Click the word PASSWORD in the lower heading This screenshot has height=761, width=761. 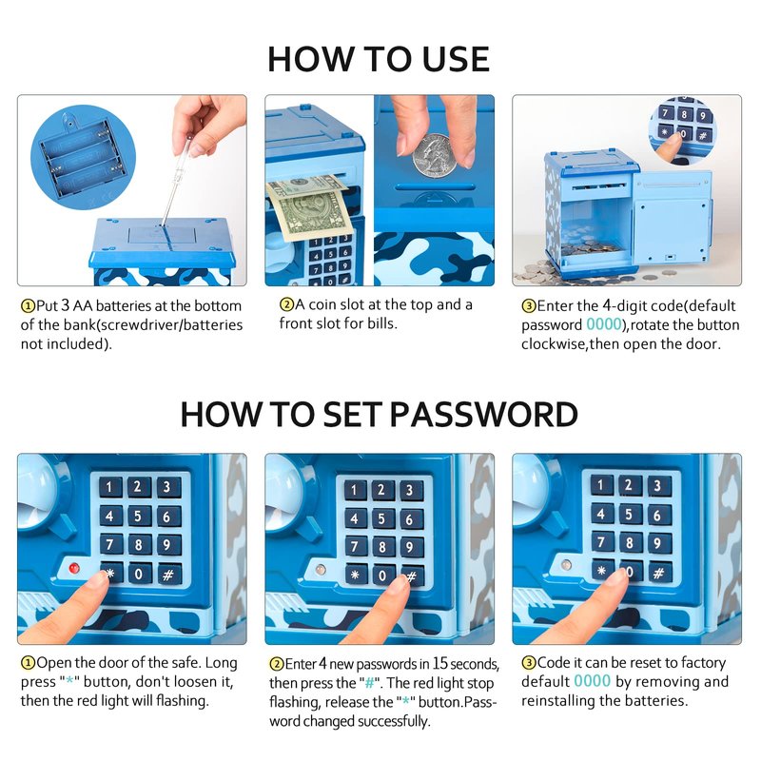[483, 415]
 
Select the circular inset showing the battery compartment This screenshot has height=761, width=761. [83, 158]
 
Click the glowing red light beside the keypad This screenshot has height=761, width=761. [74, 568]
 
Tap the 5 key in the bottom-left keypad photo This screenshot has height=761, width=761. [138, 516]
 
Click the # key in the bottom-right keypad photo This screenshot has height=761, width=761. [658, 573]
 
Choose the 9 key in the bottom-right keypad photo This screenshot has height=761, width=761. [657, 542]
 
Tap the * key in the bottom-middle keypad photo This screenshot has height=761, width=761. [356, 575]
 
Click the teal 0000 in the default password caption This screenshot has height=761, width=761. [604, 324]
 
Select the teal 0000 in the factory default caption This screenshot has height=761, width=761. [592, 681]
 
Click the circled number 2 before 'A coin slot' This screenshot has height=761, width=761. [287, 304]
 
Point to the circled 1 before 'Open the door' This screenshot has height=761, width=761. [29, 663]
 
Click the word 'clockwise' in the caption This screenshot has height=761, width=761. [553, 343]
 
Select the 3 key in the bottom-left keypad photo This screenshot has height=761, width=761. [166, 487]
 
